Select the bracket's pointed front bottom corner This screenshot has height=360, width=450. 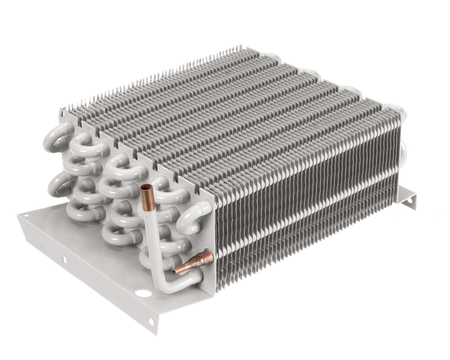pyautogui.click(x=153, y=331)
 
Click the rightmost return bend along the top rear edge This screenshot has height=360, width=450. pyautogui.click(x=398, y=112)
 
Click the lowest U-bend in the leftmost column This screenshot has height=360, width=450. pyautogui.click(x=79, y=211)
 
